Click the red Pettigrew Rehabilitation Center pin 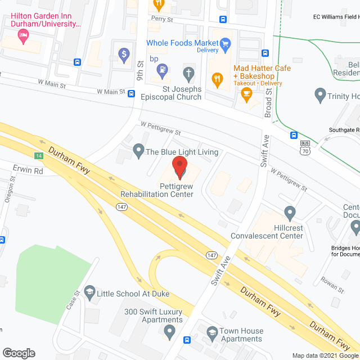click(179, 167)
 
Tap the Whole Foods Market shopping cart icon click(225, 43)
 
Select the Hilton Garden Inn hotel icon click(23, 37)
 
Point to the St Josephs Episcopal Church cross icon click(189, 73)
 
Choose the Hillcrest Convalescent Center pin click(290, 213)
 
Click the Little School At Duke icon click(89, 292)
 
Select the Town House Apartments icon click(211, 332)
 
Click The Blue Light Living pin click(138, 150)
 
